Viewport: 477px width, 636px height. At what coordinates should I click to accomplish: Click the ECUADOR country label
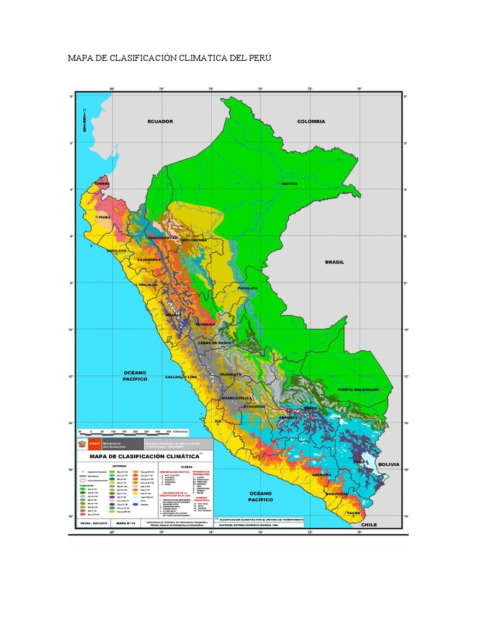(160, 121)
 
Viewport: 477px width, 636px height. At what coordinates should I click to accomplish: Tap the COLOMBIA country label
(311, 121)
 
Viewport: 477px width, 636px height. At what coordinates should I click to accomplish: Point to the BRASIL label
(334, 262)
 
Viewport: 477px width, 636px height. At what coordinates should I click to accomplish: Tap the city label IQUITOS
(289, 184)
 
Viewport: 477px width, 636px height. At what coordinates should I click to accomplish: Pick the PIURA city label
(104, 217)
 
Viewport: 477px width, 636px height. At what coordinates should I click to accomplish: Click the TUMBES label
(101, 184)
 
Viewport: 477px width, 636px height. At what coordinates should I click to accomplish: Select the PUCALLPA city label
(247, 288)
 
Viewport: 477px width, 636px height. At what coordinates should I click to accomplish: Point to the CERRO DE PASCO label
(216, 343)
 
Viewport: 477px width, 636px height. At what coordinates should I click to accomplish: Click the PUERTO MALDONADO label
(358, 389)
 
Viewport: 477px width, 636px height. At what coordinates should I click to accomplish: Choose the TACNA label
(353, 513)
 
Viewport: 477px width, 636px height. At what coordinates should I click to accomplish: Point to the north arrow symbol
(85, 119)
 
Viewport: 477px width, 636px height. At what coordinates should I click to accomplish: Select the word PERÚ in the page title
(259, 58)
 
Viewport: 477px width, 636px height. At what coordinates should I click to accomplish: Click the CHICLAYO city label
(116, 250)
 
